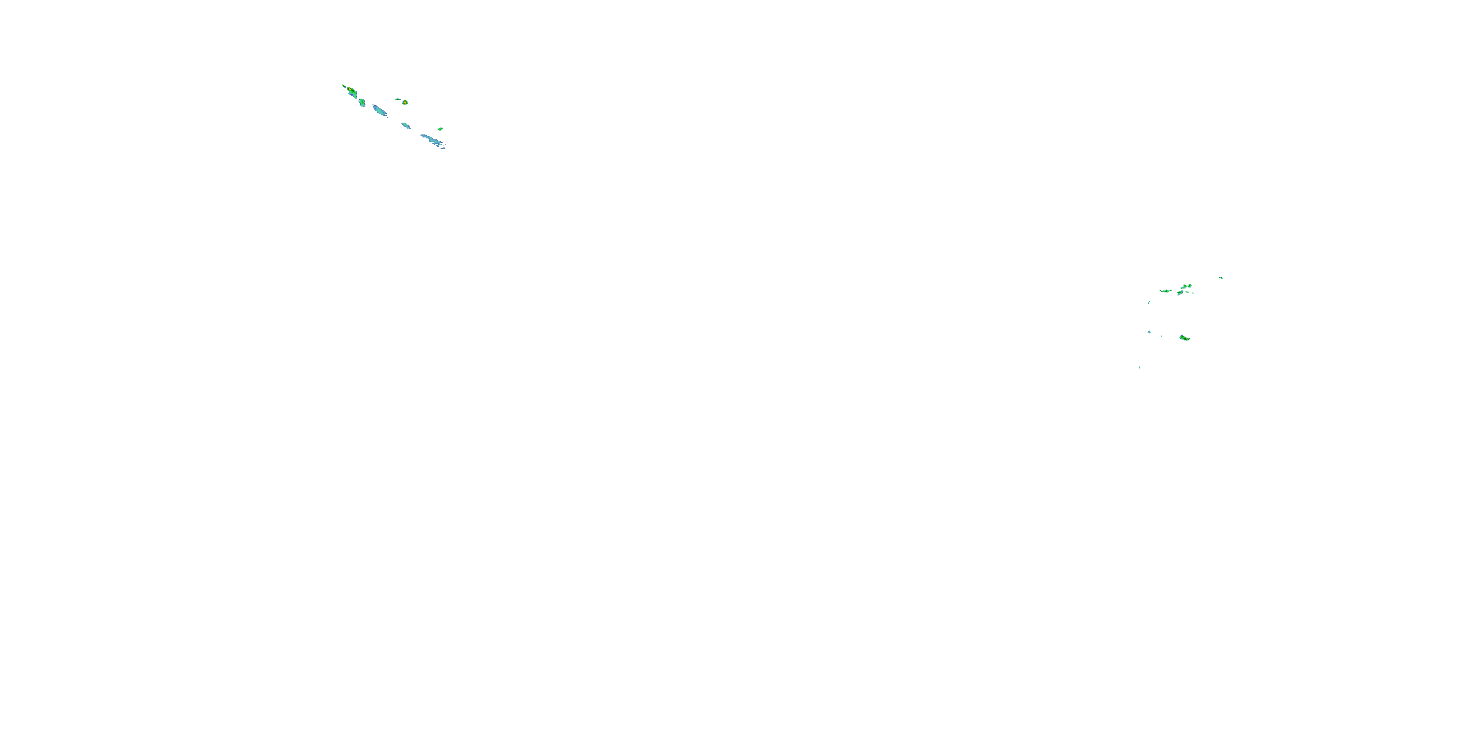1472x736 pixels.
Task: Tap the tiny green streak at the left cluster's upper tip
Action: coord(343,86)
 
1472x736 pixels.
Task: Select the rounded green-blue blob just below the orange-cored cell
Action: coord(362,102)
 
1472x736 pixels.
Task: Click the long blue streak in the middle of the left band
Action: coord(379,110)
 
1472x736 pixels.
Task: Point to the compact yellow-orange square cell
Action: coord(405,102)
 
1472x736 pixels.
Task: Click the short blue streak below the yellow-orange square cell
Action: coord(406,125)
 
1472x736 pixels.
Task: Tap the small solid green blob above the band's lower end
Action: coord(440,129)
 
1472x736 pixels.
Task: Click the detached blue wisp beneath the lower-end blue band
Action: coord(442,148)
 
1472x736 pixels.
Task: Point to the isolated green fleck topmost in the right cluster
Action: coord(1221,278)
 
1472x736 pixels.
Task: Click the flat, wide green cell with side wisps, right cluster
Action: coord(1166,291)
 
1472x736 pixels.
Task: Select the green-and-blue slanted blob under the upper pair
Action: coord(1180,293)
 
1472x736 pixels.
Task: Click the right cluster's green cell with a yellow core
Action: coord(1184,338)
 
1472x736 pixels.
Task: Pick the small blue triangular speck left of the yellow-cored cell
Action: coord(1149,332)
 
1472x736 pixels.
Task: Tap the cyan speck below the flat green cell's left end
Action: coord(1149,302)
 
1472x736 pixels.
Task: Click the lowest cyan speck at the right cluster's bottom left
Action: coord(1139,368)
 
